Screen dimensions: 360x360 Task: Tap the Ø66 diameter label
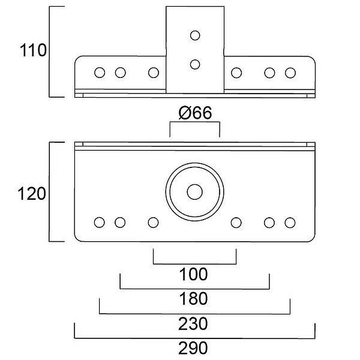[x=195, y=113]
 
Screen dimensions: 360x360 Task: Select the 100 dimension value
[x=193, y=275]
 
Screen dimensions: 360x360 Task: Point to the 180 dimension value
[x=193, y=299]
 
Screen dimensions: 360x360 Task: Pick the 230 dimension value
[x=193, y=324]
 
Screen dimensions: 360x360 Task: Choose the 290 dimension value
[x=193, y=349]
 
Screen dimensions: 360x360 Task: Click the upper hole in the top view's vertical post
[x=194, y=36]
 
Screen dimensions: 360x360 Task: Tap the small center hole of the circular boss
[x=194, y=192]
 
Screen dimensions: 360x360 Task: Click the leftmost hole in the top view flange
[x=100, y=73]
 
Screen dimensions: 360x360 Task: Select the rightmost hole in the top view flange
[x=290, y=73]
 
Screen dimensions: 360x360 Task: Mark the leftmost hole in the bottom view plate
[x=99, y=223]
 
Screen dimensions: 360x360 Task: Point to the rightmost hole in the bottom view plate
[x=290, y=223]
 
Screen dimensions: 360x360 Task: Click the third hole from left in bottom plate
[x=154, y=223]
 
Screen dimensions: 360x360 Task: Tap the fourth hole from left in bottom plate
[x=236, y=223]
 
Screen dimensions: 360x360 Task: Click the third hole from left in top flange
[x=154, y=73]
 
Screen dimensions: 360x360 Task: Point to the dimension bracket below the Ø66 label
[x=195, y=123]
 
